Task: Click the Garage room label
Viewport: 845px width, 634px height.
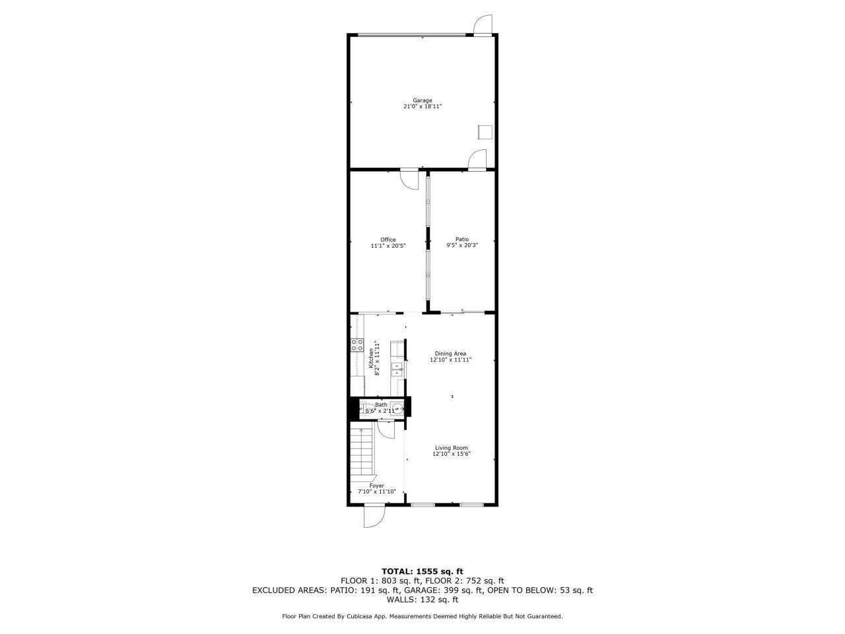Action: [x=422, y=100]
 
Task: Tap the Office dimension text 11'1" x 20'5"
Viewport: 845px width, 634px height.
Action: [x=388, y=246]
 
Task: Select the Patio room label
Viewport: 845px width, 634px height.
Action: [x=462, y=239]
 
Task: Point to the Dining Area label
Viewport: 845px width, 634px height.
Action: [x=451, y=353]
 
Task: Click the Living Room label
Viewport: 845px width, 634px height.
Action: [x=451, y=448]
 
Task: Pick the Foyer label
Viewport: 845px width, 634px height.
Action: [x=376, y=485]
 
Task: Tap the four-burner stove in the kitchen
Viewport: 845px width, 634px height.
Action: [x=357, y=344]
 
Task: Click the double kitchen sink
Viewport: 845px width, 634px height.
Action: [x=397, y=369]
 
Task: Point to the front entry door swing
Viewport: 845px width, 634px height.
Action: [x=374, y=516]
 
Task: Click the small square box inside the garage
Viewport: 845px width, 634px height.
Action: [x=486, y=132]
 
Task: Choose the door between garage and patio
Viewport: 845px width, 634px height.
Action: [x=477, y=160]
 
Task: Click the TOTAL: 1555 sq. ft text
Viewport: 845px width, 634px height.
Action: [x=422, y=571]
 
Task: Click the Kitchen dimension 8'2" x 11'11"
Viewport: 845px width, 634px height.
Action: [x=378, y=357]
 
